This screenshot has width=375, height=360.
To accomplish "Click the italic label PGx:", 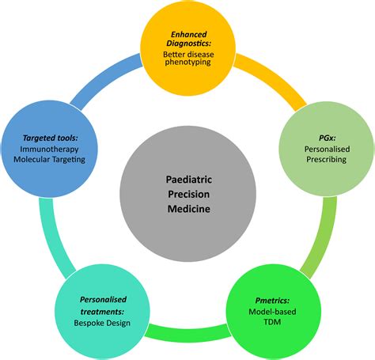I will point(320,136).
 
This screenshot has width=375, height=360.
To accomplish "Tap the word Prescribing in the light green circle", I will point(321,159).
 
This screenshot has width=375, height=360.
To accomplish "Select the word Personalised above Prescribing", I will point(321,148).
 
